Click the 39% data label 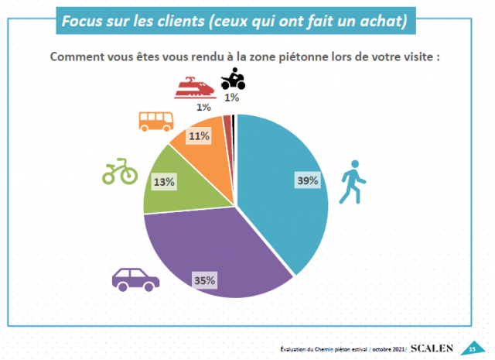[306, 180]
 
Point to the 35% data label [205, 279]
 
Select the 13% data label [166, 182]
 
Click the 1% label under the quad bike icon [231, 98]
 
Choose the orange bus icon [155, 121]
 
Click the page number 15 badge [471, 348]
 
